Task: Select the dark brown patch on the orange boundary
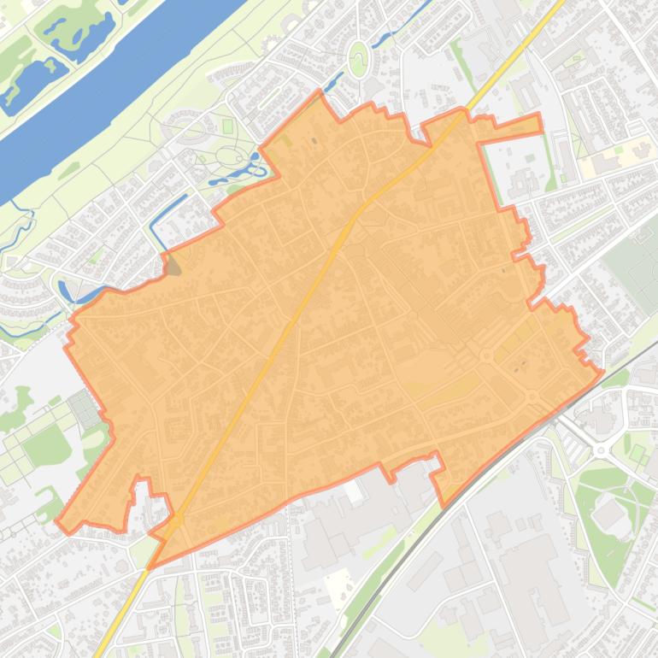click(173, 265)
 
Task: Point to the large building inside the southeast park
click(608, 514)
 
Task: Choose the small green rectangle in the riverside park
click(227, 126)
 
